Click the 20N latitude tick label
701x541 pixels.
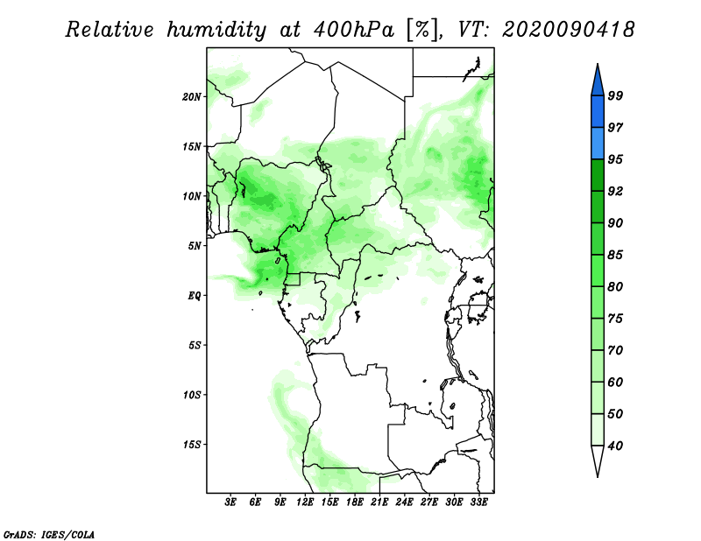(x=192, y=97)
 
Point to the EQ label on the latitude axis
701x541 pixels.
(x=195, y=296)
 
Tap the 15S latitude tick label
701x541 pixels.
(x=192, y=445)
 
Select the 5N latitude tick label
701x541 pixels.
(x=195, y=246)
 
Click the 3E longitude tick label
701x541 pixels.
(x=230, y=502)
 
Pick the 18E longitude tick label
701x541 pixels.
(x=355, y=502)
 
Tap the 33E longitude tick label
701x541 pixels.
(x=478, y=502)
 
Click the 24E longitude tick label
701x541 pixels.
(x=404, y=502)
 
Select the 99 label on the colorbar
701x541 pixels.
(x=615, y=95)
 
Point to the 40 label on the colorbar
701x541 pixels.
(x=615, y=446)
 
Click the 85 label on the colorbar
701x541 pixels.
(x=615, y=255)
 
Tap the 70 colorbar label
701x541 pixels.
(x=615, y=350)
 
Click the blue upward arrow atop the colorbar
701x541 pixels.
(x=598, y=81)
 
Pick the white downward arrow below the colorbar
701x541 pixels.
(x=598, y=460)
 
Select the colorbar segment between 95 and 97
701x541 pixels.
(x=598, y=144)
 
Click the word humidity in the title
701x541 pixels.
(x=216, y=31)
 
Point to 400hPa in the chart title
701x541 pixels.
(x=353, y=31)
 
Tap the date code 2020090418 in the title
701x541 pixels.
(x=568, y=30)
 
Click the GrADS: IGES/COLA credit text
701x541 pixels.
(x=49, y=535)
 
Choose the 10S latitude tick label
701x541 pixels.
(x=192, y=395)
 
